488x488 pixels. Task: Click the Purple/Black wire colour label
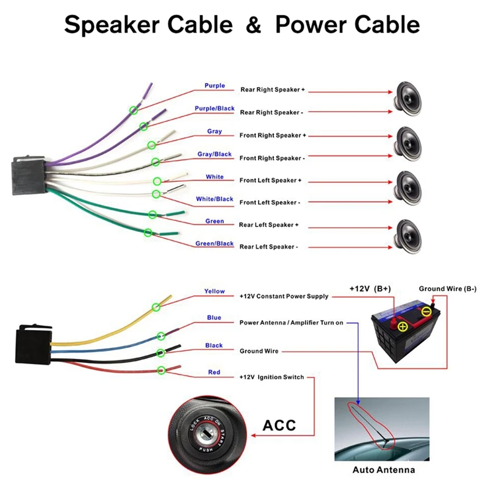coord(215,109)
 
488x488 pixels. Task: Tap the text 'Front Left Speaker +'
coord(270,180)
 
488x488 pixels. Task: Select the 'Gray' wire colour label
coord(215,131)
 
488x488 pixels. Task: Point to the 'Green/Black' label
coord(215,243)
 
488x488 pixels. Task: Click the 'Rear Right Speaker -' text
coord(271,112)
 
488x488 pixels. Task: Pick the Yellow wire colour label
coord(215,291)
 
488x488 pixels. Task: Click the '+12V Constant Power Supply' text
coord(284,296)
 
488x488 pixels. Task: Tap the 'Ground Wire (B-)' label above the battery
coord(448,289)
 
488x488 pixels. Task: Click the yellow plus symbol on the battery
coord(403,326)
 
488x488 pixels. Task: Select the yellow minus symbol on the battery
coord(426,312)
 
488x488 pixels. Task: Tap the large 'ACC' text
coord(279,425)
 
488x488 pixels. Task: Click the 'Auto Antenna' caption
coord(384,470)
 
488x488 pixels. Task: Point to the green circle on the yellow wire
coord(156,307)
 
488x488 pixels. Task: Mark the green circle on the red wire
coord(161,370)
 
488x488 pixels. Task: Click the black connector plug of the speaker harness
coord(29,175)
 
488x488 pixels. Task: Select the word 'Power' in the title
coord(311,24)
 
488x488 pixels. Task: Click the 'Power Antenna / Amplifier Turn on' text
coord(291,323)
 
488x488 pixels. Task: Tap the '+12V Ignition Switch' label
coord(271,377)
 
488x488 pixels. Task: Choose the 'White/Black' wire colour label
coord(215,199)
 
